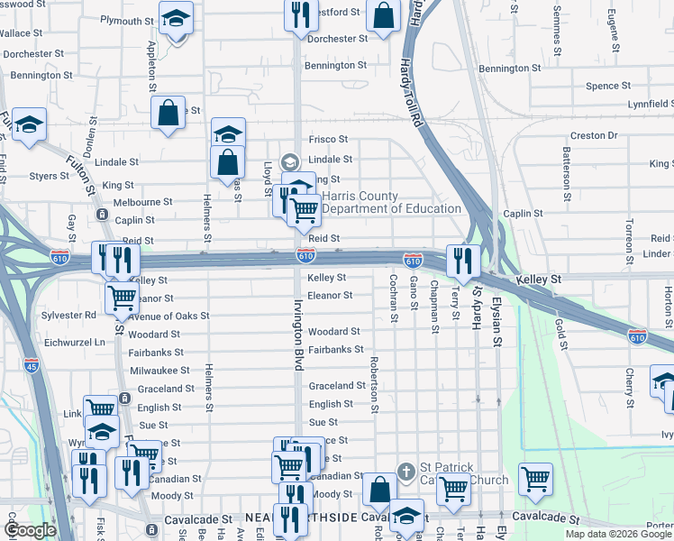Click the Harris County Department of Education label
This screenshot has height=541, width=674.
391,203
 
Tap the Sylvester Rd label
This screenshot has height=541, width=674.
68,316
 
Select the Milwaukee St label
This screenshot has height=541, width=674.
159,371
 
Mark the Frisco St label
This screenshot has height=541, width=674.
328,140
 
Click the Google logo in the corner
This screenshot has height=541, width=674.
31,530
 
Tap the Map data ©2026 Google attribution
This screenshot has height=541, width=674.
618,534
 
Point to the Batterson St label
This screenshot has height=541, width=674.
567,167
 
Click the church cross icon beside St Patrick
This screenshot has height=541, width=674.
405,471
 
